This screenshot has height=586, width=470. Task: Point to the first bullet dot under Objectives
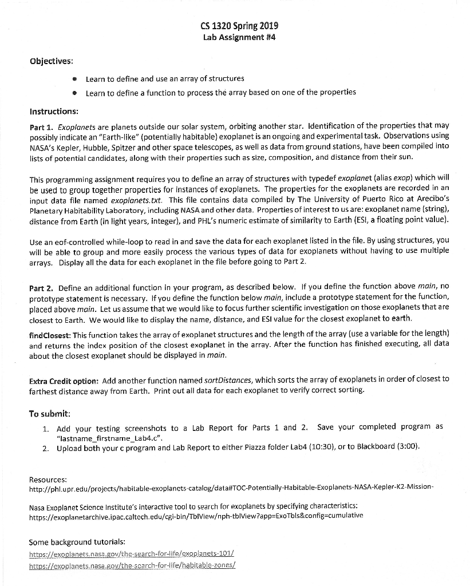(x=74, y=79)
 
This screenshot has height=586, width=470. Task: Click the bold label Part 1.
(x=42, y=125)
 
